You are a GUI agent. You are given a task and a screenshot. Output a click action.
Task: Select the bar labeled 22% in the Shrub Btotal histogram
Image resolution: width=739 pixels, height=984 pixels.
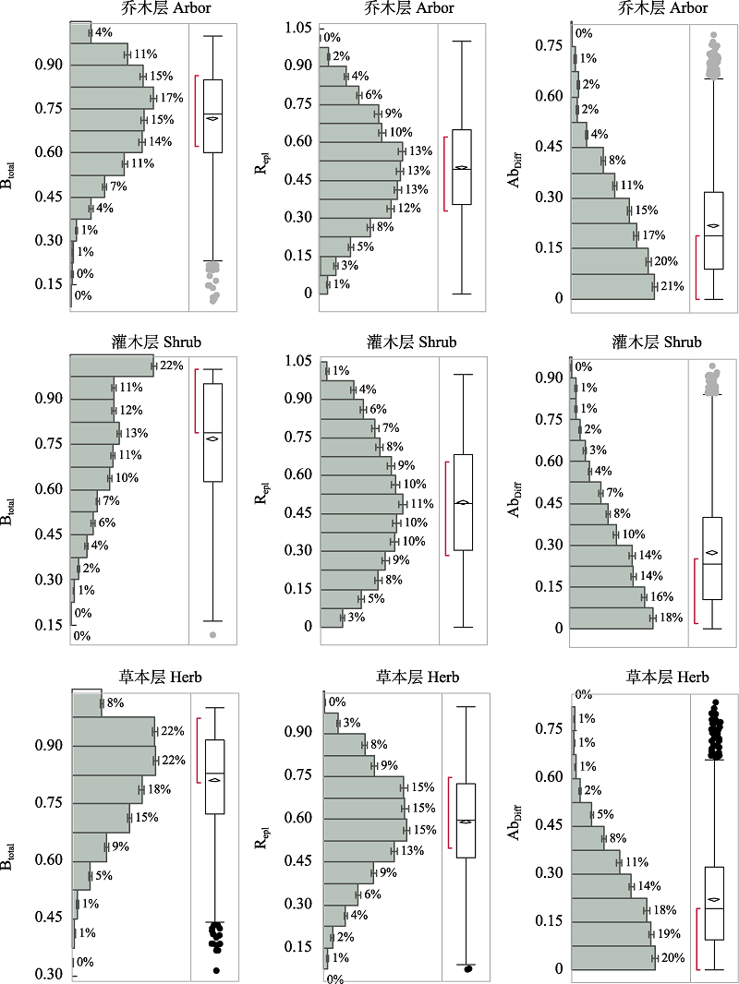112,366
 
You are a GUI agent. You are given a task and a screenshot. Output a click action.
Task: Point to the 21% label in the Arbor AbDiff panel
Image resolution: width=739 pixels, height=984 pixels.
672,287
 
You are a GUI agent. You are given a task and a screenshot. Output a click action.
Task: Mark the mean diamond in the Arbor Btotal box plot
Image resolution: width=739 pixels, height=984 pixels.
212,117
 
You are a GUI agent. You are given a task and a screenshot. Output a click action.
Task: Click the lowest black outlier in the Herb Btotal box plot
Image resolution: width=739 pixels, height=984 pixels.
216,970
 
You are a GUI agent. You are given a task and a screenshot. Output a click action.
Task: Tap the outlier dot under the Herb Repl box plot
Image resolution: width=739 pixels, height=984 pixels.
467,968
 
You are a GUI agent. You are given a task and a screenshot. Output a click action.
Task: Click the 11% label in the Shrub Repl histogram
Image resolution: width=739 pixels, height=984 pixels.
421,504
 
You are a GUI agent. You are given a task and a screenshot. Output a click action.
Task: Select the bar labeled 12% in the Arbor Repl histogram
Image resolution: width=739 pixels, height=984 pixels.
355,209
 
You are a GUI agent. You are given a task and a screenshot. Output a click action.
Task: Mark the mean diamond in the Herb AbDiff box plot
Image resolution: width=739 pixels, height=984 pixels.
711,899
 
